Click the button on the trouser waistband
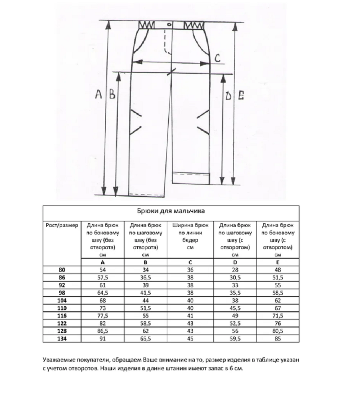pos(169,25)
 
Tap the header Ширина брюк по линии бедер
pos(191,236)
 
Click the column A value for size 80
pos(102,269)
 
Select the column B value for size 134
pos(146,339)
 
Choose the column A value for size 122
pos(102,323)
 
